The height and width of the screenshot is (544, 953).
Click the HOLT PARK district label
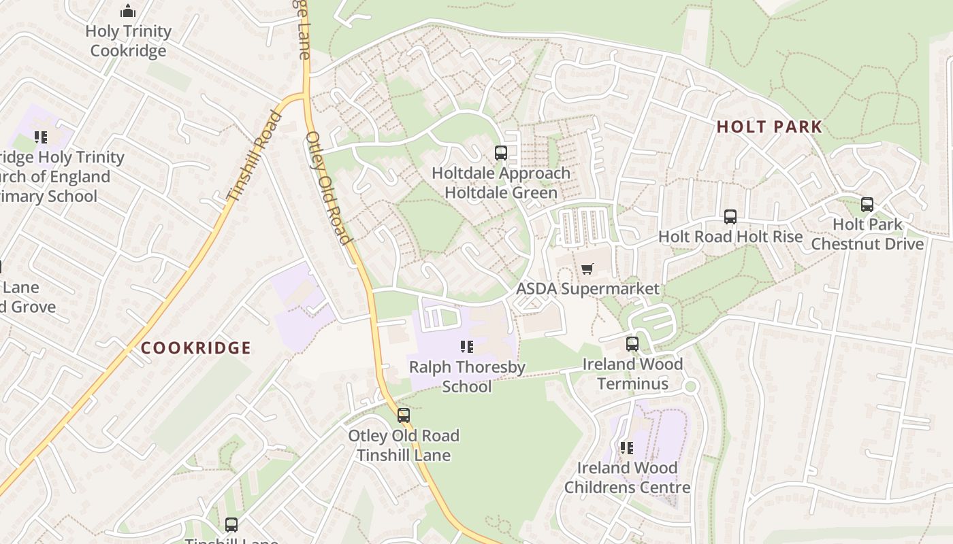pyautogui.click(x=769, y=127)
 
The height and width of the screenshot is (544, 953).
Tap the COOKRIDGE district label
pyautogui.click(x=196, y=348)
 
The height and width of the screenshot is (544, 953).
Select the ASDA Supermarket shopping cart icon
pyautogui.click(x=587, y=269)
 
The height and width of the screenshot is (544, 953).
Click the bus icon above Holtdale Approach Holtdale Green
pyautogui.click(x=501, y=153)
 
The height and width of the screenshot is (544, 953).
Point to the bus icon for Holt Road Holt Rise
pyautogui.click(x=730, y=217)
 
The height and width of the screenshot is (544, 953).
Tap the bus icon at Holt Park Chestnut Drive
pyautogui.click(x=867, y=205)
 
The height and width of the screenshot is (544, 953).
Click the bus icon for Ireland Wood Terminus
pyautogui.click(x=632, y=344)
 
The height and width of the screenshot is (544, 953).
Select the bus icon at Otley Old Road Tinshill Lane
pyautogui.click(x=404, y=415)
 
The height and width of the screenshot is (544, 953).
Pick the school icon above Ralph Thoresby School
pyautogui.click(x=466, y=347)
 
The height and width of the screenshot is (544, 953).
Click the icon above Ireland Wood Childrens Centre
pyautogui.click(x=627, y=448)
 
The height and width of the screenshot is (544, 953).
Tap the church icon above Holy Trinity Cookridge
pyautogui.click(x=128, y=11)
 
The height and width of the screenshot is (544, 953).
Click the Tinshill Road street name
pyautogui.click(x=254, y=156)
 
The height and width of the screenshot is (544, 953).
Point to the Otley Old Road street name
pyautogui.click(x=327, y=187)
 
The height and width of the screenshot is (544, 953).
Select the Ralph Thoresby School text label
pyautogui.click(x=467, y=377)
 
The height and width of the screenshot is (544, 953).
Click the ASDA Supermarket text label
pyautogui.click(x=587, y=289)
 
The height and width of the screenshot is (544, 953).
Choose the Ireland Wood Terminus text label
pyautogui.click(x=632, y=374)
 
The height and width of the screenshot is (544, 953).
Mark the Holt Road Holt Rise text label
pyautogui.click(x=730, y=237)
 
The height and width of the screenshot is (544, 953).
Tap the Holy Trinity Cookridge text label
pyautogui.click(x=128, y=41)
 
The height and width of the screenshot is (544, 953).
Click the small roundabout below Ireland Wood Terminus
pyautogui.click(x=691, y=387)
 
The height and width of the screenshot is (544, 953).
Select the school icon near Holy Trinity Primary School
pyautogui.click(x=41, y=137)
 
